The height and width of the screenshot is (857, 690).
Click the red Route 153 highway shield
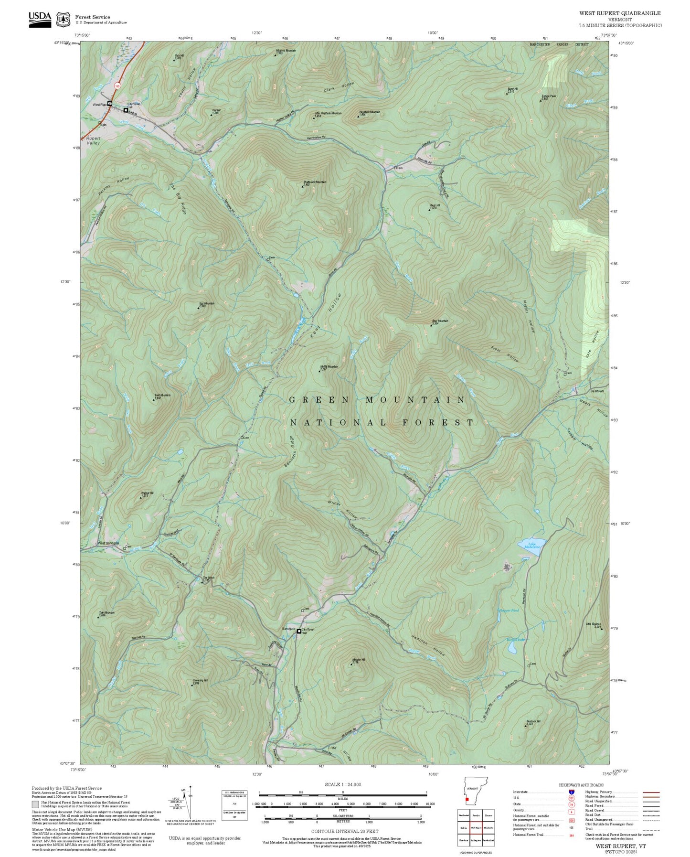pos(117,85)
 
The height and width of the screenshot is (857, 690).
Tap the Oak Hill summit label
pos(179,56)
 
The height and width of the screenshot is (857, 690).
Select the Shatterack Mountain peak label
pos(314,182)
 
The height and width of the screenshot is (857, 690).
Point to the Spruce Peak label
pos(549,96)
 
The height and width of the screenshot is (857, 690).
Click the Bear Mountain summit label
pos(440,321)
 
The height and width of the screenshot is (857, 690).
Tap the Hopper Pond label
pos(509,611)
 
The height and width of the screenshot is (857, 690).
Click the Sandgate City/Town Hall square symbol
pos(299,631)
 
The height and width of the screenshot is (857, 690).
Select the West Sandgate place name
pos(108,543)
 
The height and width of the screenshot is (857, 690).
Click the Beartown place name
pos(597,391)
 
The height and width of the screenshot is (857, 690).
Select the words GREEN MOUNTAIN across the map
pos(377,400)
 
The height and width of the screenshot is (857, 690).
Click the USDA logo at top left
pos(40,19)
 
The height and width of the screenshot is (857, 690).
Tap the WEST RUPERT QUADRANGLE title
pos(620,13)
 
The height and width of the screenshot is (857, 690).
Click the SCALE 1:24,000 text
pos(342,784)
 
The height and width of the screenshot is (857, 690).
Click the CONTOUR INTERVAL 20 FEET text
pos(342,832)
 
